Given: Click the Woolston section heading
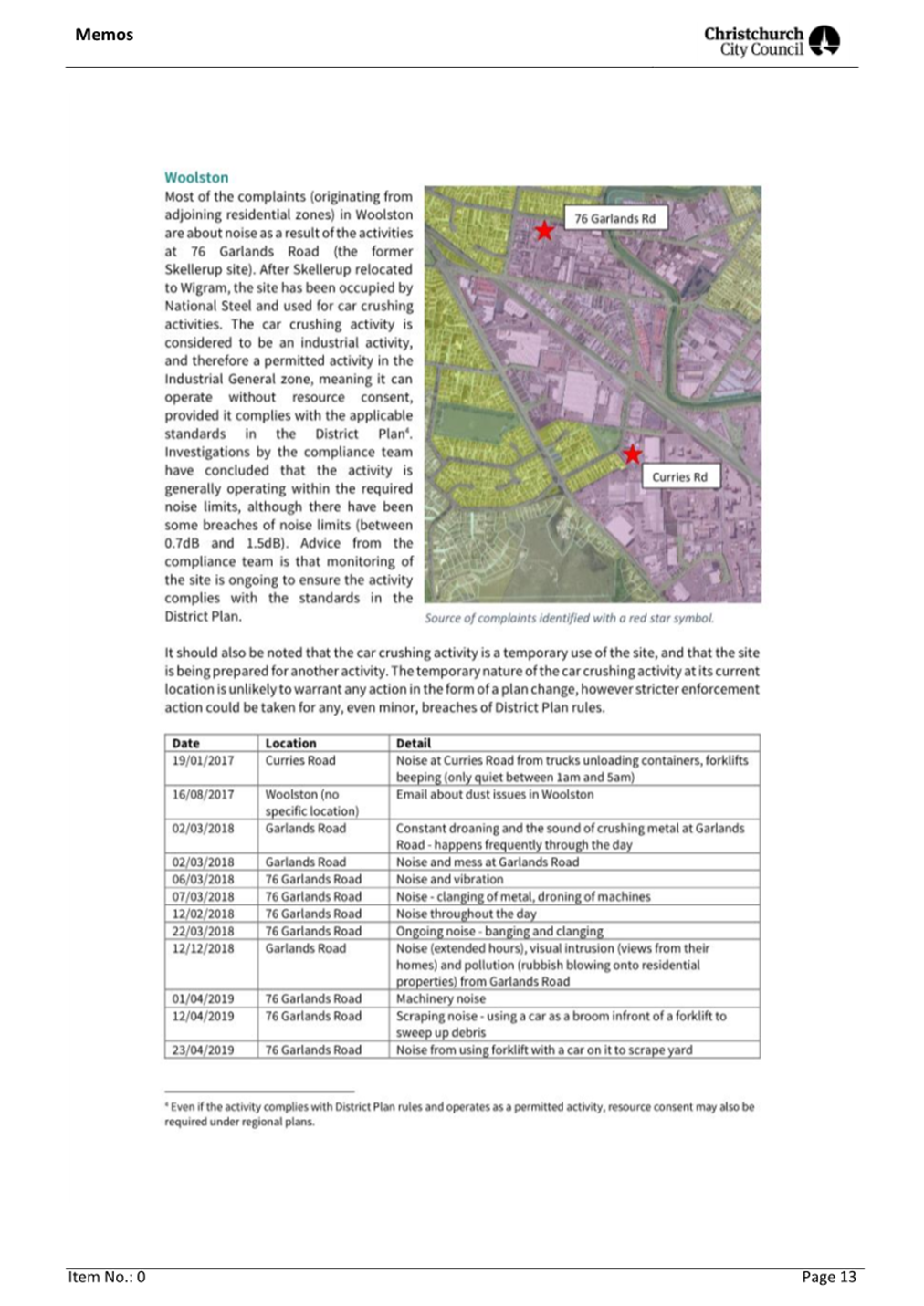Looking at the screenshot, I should (x=196, y=178).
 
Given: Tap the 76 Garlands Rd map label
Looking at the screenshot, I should (x=614, y=219).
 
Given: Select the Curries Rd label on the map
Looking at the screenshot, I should (x=679, y=477).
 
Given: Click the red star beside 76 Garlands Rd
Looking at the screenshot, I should (x=544, y=230).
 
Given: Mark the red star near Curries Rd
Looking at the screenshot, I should (x=632, y=454).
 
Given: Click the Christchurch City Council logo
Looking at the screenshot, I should (x=772, y=41).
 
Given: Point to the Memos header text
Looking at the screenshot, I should (x=104, y=35).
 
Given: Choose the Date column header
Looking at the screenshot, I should (x=185, y=744).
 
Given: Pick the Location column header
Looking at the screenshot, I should (x=290, y=744).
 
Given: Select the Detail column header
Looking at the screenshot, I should (x=414, y=744).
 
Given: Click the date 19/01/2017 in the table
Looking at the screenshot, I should (x=203, y=761).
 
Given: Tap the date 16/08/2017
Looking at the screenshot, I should (x=203, y=795).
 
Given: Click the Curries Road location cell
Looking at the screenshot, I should (x=300, y=761).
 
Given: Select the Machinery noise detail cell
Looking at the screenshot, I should (x=441, y=999).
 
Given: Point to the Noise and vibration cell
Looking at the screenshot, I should (x=449, y=880).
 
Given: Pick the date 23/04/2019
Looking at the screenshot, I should (x=203, y=1050).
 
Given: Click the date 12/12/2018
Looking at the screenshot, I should (x=203, y=949).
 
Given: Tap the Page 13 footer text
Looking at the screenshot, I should (x=829, y=1278).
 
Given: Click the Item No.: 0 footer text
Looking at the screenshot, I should (x=107, y=1278).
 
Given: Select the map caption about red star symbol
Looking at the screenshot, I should (x=569, y=619).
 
